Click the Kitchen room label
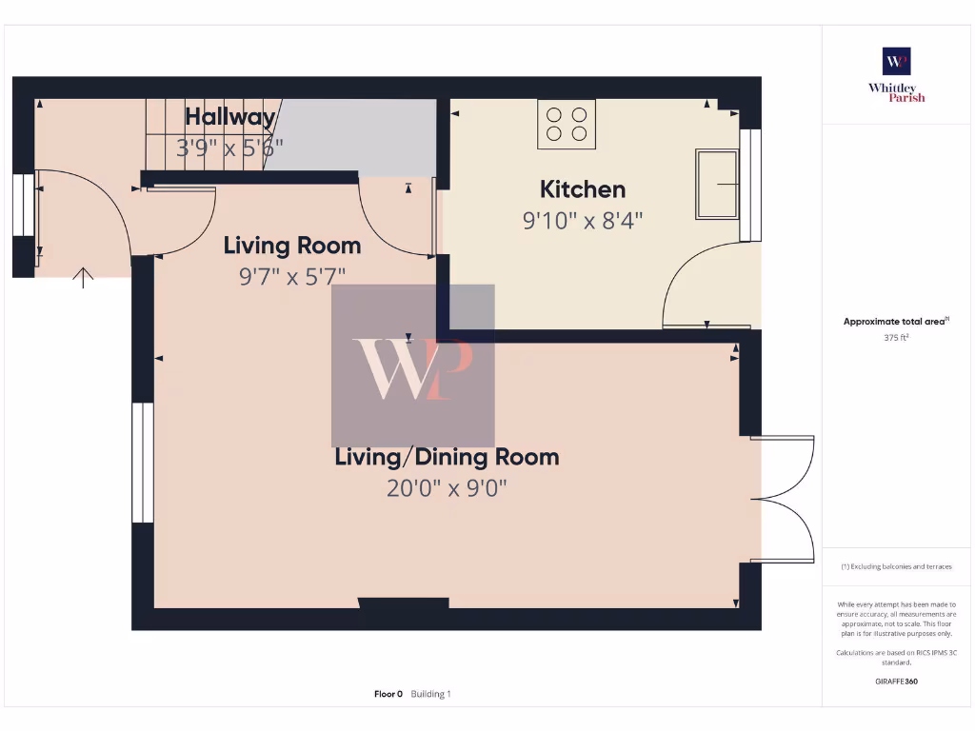pyautogui.click(x=583, y=188)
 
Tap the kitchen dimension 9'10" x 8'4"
pyautogui.click(x=583, y=221)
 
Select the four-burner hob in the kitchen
pyautogui.click(x=567, y=124)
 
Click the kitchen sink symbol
pyautogui.click(x=717, y=184)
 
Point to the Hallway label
pyautogui.click(x=229, y=117)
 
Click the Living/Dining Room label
pyautogui.click(x=447, y=457)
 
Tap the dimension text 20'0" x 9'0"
pyautogui.click(x=447, y=488)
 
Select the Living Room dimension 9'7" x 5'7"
pyautogui.click(x=291, y=277)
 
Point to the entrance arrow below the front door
pyautogui.click(x=85, y=277)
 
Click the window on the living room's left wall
pyautogui.click(x=143, y=463)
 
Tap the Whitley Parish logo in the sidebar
pyautogui.click(x=896, y=74)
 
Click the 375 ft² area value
pyautogui.click(x=896, y=337)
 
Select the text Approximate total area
pyautogui.click(x=894, y=322)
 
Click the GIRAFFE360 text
pyautogui.click(x=896, y=682)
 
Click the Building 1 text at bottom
pyautogui.click(x=430, y=694)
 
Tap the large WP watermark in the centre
pyautogui.click(x=412, y=366)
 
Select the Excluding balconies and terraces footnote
pyautogui.click(x=896, y=566)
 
